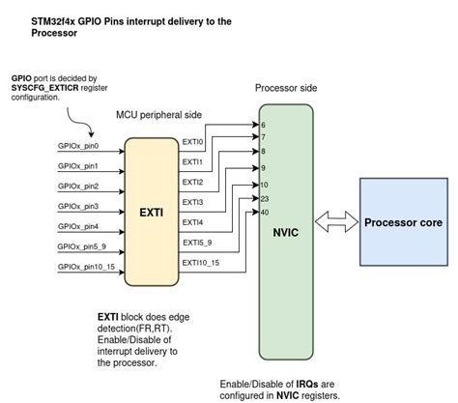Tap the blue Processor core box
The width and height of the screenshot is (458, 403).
point(403,222)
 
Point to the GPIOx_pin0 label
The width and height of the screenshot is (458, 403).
point(78,146)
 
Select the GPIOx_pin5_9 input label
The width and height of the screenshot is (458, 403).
point(83,246)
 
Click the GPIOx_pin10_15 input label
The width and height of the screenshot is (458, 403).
point(87,267)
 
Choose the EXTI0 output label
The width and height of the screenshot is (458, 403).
point(193,142)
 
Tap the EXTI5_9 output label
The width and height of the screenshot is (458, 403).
point(196,243)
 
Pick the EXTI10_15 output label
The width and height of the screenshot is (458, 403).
point(200,263)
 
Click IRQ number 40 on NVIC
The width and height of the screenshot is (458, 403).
point(265,212)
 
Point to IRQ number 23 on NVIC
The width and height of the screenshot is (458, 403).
point(265,197)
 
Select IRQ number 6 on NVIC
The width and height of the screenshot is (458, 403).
point(263,125)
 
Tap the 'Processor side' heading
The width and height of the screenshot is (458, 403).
point(286,88)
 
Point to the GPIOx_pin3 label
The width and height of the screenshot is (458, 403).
point(78,206)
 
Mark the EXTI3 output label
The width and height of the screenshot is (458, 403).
point(193,202)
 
